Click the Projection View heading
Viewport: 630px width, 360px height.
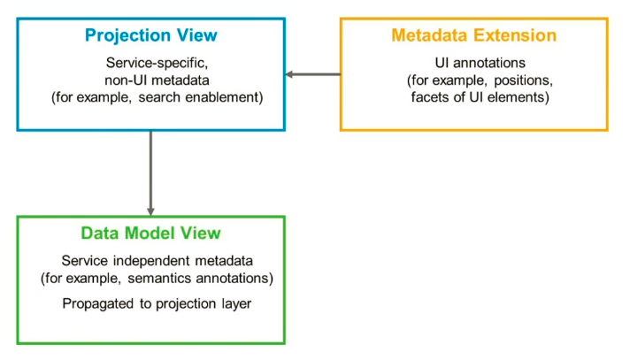(150, 36)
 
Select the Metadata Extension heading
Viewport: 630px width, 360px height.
(473, 36)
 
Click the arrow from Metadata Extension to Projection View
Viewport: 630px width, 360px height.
(314, 74)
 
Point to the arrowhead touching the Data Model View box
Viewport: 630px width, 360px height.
(150, 211)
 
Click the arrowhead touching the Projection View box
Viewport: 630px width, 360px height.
(290, 74)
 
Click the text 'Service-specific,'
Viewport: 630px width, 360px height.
(150, 64)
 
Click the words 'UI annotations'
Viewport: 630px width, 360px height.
(473, 64)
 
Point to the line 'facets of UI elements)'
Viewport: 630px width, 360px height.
(473, 97)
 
